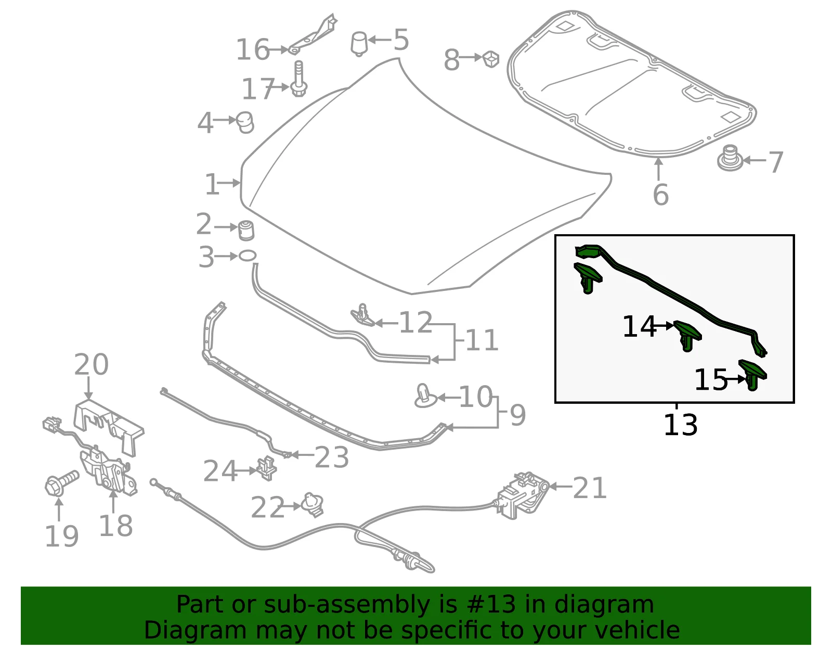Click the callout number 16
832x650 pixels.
(x=253, y=49)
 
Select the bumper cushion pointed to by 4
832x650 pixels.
(x=245, y=123)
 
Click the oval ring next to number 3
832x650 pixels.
(x=248, y=256)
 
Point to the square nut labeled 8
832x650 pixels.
(x=490, y=59)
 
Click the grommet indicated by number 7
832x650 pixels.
(x=730, y=158)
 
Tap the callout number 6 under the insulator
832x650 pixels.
(x=660, y=195)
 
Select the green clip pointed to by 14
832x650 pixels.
(x=687, y=335)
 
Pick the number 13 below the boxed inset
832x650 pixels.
(x=680, y=425)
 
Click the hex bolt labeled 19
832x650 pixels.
(x=61, y=483)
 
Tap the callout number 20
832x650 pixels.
(x=91, y=364)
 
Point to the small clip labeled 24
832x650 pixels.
(x=267, y=468)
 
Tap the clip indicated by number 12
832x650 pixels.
(x=362, y=315)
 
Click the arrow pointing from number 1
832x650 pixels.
(x=229, y=183)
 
